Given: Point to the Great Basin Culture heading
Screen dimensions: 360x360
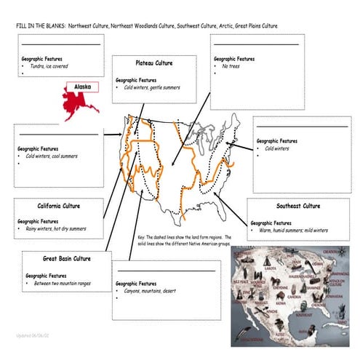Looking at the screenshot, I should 66,258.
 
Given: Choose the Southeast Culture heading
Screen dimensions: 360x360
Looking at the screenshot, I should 296,206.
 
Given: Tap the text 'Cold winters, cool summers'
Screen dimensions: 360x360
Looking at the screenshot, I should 51,156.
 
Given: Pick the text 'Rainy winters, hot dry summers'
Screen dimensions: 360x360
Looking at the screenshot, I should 55,228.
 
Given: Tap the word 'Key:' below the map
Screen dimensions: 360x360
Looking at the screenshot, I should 141,237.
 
